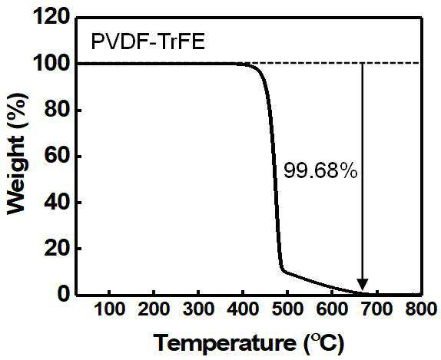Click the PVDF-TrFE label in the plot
(x=148, y=42)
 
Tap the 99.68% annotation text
(x=320, y=170)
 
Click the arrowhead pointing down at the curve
(x=363, y=285)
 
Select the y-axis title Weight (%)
(x=17, y=154)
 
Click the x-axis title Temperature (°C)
(x=249, y=343)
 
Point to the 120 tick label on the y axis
(x=51, y=17)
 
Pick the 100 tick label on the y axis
(x=51, y=63)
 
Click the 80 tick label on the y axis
(x=57, y=109)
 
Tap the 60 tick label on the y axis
(x=57, y=155)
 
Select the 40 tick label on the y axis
(x=57, y=202)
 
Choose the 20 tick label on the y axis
(x=57, y=248)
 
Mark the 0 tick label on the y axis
(x=64, y=294)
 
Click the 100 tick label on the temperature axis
(x=109, y=309)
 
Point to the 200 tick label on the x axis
(x=154, y=309)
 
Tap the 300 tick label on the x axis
(x=198, y=309)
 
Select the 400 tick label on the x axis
(x=243, y=309)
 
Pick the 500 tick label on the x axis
(x=287, y=309)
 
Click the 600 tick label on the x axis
(x=332, y=309)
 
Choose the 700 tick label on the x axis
(x=376, y=309)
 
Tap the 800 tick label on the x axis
(x=421, y=309)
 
